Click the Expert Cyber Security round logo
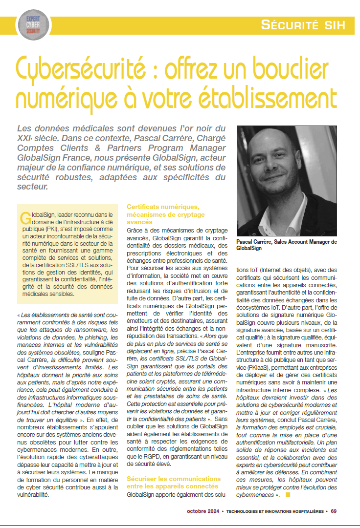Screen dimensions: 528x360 pyautogui.click(x=33, y=24)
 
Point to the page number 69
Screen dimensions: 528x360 pyautogui.click(x=334, y=511)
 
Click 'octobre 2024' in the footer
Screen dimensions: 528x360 pyautogui.click(x=202, y=511)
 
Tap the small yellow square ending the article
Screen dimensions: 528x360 pyautogui.click(x=288, y=495)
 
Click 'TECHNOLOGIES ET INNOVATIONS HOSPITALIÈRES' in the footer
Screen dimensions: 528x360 pyautogui.click(x=275, y=511)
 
